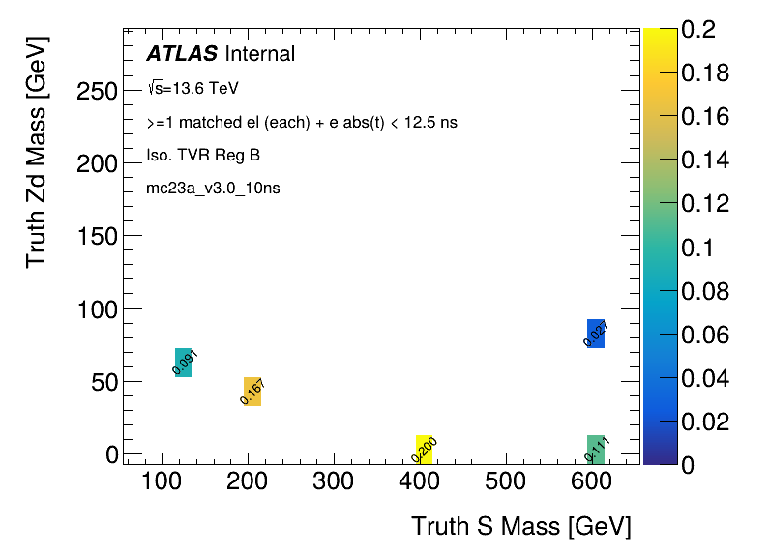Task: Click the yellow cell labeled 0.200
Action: point(424,449)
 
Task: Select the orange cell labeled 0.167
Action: point(252,391)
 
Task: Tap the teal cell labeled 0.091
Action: point(183,362)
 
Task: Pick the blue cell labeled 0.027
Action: point(596,333)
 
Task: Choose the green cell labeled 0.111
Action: point(596,449)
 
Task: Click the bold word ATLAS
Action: point(181,54)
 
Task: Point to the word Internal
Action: point(259,54)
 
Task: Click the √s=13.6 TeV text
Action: point(192,88)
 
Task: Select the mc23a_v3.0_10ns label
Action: point(214,189)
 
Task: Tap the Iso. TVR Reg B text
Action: point(203,155)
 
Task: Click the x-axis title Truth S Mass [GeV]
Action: point(520,527)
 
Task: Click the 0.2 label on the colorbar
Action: point(696,30)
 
